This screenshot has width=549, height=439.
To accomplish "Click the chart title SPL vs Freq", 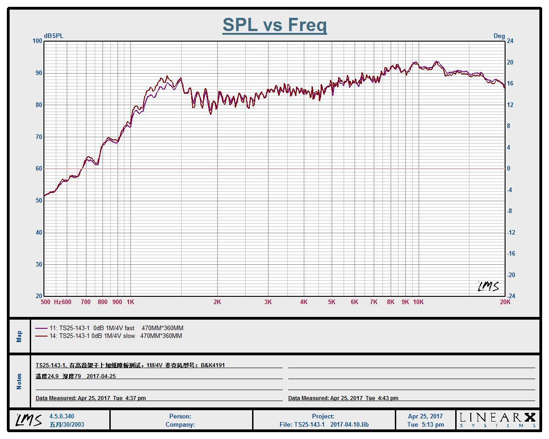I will [274, 25].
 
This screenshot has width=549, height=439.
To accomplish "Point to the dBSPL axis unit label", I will [54, 36].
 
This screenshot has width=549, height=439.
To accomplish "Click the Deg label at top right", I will [499, 36].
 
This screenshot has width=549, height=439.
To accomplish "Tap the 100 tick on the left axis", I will [37, 41].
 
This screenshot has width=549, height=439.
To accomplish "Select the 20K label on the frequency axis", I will [505, 302].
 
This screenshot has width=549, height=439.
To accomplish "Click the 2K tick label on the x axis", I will [217, 302].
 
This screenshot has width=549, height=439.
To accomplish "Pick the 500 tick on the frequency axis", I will [45, 302].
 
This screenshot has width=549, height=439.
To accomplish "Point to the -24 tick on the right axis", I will [511, 296].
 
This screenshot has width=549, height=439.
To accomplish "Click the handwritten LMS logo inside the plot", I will [488, 286].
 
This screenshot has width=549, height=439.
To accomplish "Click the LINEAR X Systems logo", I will [497, 419].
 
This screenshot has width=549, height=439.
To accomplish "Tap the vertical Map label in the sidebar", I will [19, 337].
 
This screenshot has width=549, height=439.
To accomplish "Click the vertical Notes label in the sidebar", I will [19, 381].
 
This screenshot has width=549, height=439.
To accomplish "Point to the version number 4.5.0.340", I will [62, 416].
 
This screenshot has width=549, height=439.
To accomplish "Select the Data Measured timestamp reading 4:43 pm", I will [343, 398].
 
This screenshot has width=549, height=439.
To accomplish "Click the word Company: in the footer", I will [180, 424].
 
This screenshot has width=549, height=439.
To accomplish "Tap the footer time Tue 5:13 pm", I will [425, 424].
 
